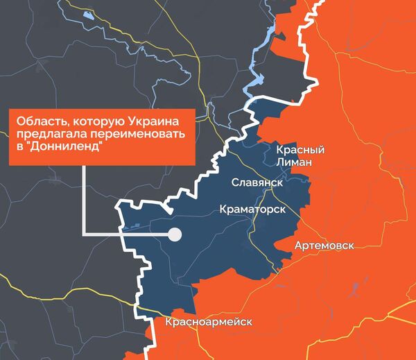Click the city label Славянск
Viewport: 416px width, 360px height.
256,183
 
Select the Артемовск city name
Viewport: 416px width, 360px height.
324,246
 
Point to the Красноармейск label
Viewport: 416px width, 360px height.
209,323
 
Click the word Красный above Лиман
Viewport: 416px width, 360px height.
300,150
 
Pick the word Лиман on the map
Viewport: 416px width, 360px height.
294,162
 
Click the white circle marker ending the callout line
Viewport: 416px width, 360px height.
175,234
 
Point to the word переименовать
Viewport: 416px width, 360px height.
141,135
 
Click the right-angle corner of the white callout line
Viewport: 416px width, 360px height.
84,234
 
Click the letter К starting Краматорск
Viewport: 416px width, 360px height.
223,209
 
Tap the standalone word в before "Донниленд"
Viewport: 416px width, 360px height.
20,148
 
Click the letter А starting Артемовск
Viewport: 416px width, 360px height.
298,246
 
